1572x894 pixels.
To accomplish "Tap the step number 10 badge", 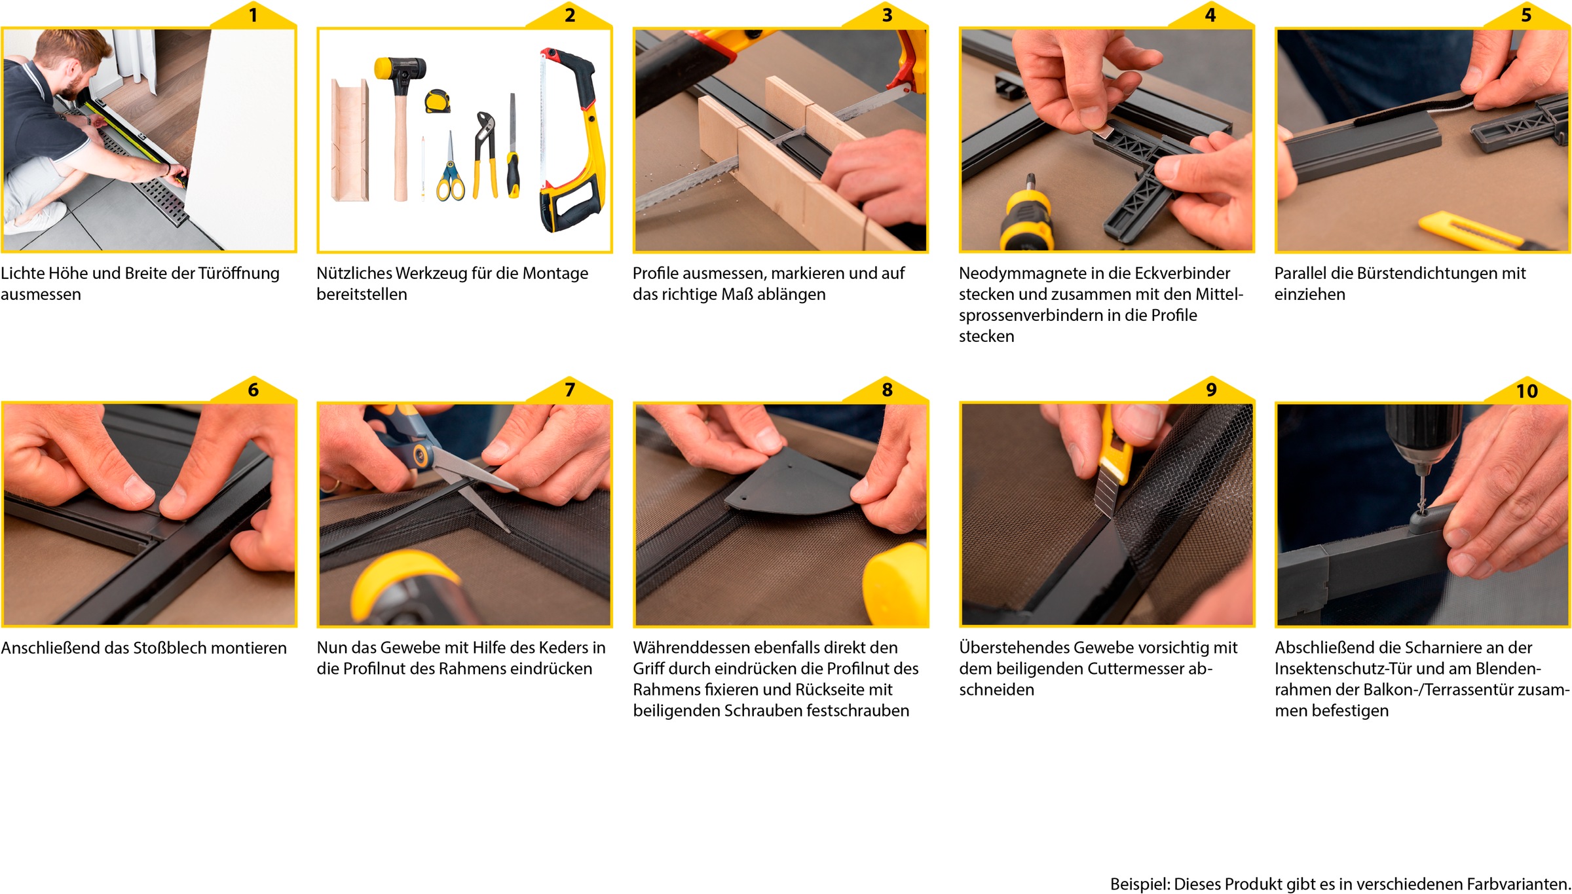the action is pos(1527,390).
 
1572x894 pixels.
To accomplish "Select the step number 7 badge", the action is pos(569,390).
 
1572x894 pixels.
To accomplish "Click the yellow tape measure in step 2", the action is pos(437,101).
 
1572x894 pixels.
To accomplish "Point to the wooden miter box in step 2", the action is pos(350,140).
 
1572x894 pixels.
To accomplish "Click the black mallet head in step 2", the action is pos(400,68).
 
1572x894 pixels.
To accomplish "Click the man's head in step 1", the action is pos(72,62).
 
